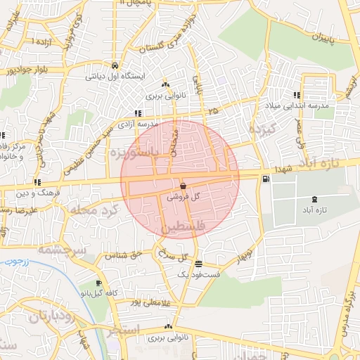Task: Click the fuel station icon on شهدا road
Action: pyautogui.click(x=264, y=179)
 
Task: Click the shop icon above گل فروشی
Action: pyautogui.click(x=183, y=187)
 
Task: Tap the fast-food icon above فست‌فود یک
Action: pyautogui.click(x=199, y=264)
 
